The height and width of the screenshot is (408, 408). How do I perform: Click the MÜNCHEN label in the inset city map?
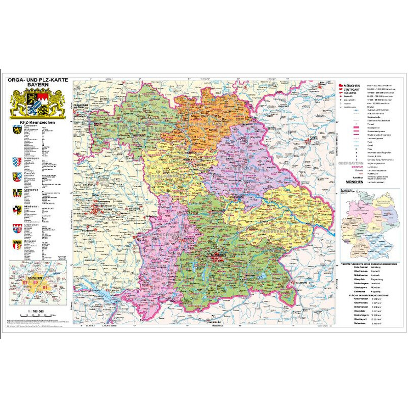[37, 276]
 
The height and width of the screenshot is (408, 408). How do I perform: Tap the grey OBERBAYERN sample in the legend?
[350, 164]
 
